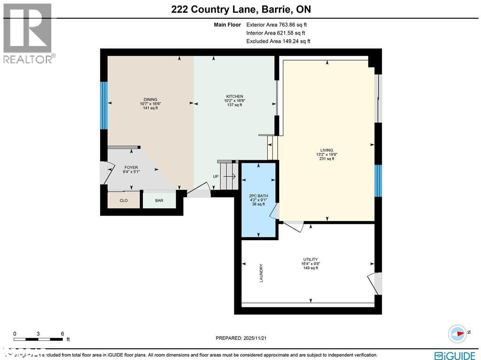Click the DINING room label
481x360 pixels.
[150, 99]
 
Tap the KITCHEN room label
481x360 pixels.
[234, 96]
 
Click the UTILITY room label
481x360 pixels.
[310, 259]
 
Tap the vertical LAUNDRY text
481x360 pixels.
[261, 273]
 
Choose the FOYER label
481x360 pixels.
[131, 167]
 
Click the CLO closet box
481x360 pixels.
[124, 200]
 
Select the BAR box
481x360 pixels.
[159, 200]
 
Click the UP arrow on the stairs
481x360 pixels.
[229, 177]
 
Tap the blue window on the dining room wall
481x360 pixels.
[104, 105]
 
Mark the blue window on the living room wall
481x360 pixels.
[378, 180]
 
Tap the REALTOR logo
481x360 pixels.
[28, 33]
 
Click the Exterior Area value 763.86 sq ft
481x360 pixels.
[292, 25]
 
